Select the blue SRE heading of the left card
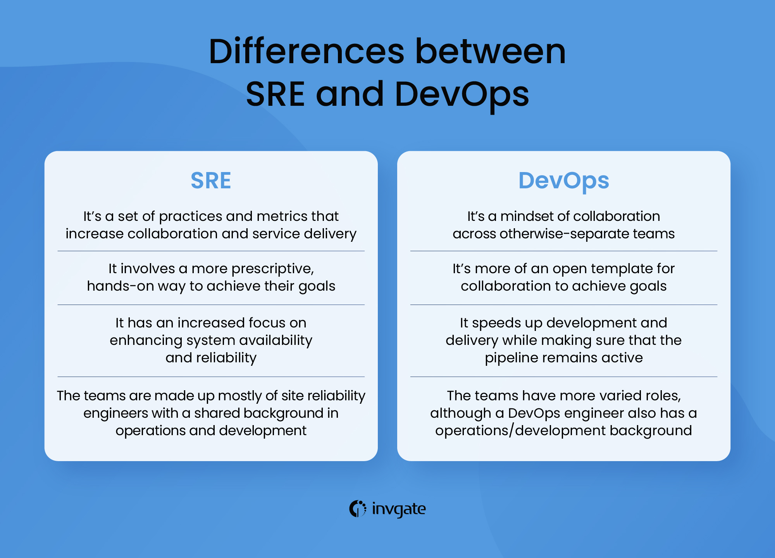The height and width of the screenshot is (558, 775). tap(211, 181)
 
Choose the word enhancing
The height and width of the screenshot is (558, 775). tap(146, 340)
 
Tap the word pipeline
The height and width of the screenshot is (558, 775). tap(509, 358)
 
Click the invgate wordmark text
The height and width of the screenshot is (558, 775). tap(398, 509)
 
